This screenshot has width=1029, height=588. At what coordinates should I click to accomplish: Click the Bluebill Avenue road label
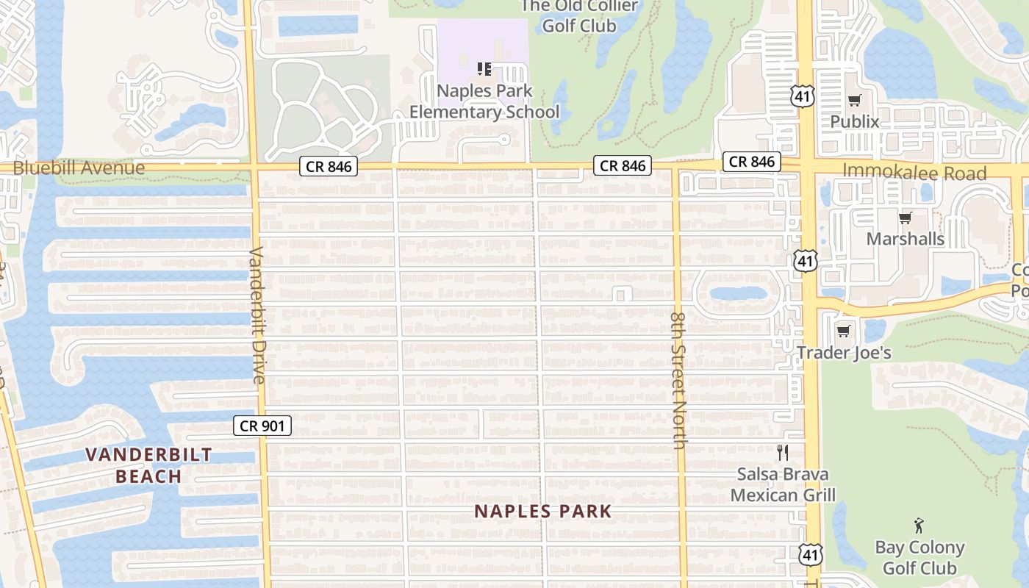(x=79, y=168)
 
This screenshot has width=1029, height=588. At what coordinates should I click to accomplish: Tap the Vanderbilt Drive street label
(x=257, y=315)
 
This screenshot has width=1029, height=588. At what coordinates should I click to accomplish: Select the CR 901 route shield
(x=262, y=426)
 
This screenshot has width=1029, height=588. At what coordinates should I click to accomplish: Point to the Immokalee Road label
(x=914, y=173)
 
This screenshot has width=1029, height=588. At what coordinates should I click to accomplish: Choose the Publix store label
(x=854, y=121)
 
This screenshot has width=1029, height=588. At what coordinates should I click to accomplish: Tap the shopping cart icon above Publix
(x=854, y=101)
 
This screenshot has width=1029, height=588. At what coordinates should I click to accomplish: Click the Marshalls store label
(x=905, y=239)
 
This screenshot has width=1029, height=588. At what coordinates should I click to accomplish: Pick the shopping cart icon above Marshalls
(x=905, y=218)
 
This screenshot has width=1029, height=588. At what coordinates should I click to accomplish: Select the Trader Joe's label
(x=845, y=353)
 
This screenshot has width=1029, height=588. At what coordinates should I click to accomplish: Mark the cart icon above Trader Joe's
(x=844, y=331)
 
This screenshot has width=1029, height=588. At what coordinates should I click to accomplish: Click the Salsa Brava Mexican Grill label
(x=783, y=484)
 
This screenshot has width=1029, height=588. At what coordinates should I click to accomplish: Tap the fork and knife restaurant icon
(x=783, y=452)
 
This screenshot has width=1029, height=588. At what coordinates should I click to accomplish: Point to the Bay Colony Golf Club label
(x=919, y=558)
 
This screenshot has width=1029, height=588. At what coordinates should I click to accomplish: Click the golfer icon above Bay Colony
(x=919, y=526)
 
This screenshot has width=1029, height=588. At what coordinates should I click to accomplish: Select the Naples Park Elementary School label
(x=484, y=102)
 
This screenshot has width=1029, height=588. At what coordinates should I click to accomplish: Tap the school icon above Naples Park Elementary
(x=484, y=69)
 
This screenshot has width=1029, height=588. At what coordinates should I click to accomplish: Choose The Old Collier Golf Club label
(x=579, y=16)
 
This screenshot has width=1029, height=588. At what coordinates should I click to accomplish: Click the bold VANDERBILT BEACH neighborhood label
(x=148, y=465)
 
